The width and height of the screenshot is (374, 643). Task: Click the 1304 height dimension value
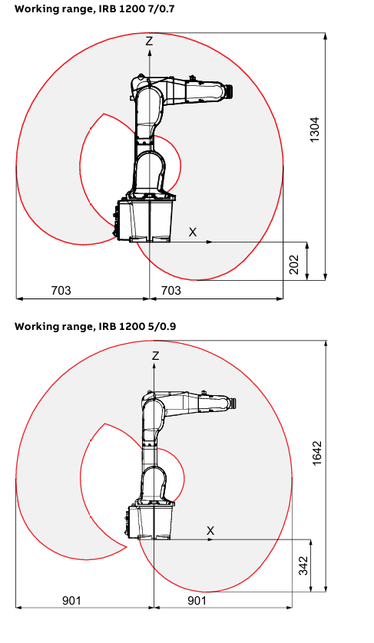(x=314, y=130)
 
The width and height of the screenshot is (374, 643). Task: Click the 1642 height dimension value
(x=317, y=453)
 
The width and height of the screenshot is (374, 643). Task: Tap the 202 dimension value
(x=294, y=265)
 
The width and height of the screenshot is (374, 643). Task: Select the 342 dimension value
(x=303, y=566)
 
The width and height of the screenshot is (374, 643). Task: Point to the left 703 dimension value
(x=61, y=290)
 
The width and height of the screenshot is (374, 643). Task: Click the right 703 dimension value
(x=170, y=290)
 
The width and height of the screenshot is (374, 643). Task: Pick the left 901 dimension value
(x=72, y=601)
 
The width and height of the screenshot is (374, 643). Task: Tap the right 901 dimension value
(x=197, y=601)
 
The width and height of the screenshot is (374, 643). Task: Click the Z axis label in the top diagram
(x=149, y=41)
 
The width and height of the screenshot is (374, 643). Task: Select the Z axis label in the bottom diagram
(x=155, y=355)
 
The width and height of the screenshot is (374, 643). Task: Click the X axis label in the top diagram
(x=193, y=232)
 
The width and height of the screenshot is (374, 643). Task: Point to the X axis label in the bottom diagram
(x=210, y=531)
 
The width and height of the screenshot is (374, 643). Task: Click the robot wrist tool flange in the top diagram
(x=230, y=91)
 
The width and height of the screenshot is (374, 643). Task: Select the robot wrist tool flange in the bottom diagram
(x=233, y=403)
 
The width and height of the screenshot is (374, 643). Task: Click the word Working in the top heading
(x=33, y=9)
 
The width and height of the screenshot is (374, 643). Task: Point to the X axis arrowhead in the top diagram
(x=210, y=242)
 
